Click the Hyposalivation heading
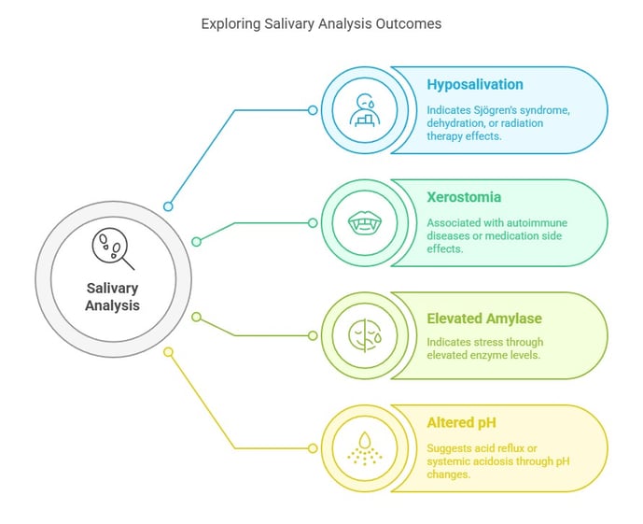click(x=475, y=85)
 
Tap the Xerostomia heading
click(x=464, y=197)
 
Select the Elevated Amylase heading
click(x=484, y=319)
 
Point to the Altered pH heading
click(x=461, y=422)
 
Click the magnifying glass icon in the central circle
click(x=113, y=248)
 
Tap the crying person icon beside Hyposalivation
click(x=365, y=109)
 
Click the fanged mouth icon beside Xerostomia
click(x=365, y=223)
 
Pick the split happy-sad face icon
click(x=365, y=335)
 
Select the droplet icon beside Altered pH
click(x=365, y=448)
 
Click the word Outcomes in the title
click(x=409, y=23)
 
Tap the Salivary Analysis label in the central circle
click(x=112, y=297)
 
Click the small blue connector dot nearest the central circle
click(x=168, y=206)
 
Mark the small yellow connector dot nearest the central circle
click(x=168, y=352)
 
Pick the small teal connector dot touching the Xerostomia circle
click(x=313, y=223)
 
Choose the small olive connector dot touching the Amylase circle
click(x=313, y=335)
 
